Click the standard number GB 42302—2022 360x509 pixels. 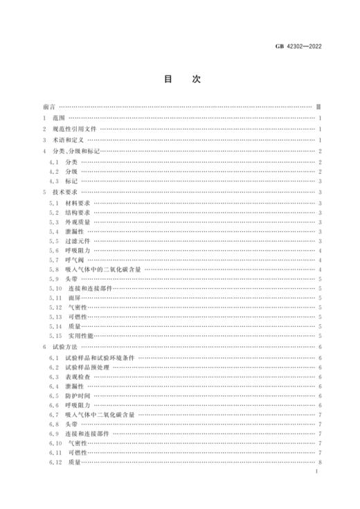[298, 47]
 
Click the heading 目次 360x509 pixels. [180, 80]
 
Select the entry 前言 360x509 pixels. [48, 108]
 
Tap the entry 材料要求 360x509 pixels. [80, 204]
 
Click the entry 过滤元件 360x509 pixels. [80, 240]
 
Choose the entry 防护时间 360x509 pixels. [80, 395]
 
